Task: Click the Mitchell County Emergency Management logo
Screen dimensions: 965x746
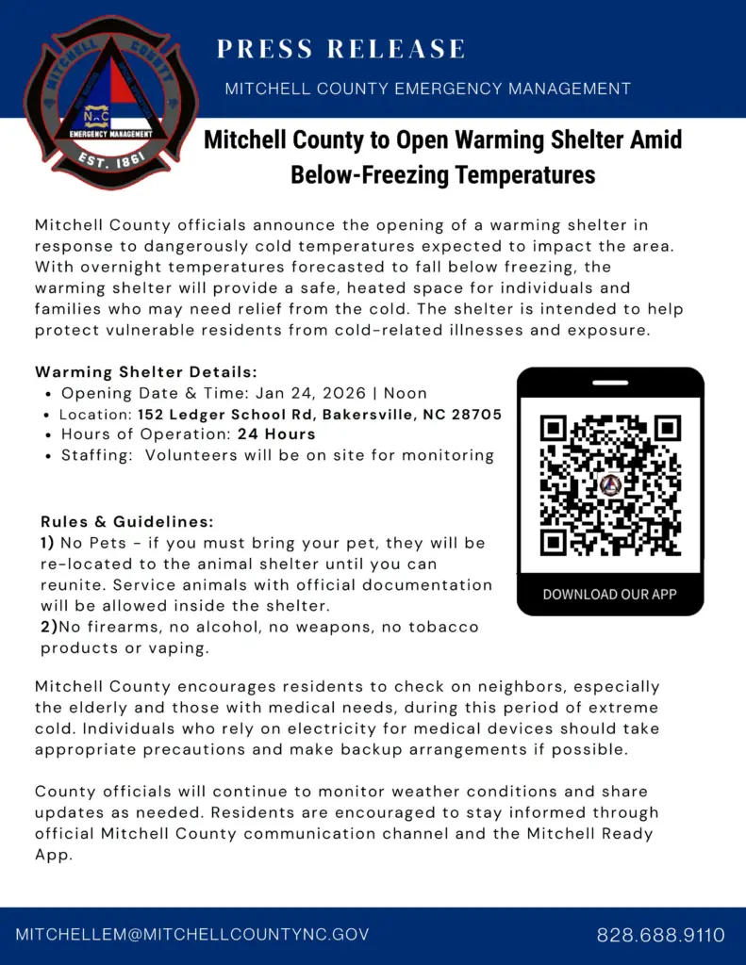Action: pos(111,102)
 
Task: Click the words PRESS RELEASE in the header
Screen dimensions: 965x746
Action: pos(340,49)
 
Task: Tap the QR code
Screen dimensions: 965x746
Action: pos(609,485)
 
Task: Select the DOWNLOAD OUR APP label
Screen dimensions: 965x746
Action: pos(609,594)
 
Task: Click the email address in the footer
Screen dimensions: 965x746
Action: pos(192,935)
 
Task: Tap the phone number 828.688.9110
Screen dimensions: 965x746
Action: pos(660,935)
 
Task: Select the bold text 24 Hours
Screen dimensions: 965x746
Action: pos(276,434)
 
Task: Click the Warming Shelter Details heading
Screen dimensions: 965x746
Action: pos(146,372)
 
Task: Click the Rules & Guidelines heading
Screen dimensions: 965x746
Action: pos(127,521)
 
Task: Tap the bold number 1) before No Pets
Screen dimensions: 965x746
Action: pos(48,543)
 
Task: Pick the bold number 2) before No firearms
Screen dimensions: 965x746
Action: pos(49,627)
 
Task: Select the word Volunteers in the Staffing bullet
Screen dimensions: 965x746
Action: pos(191,455)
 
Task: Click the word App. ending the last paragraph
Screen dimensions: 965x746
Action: pos(54,855)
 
